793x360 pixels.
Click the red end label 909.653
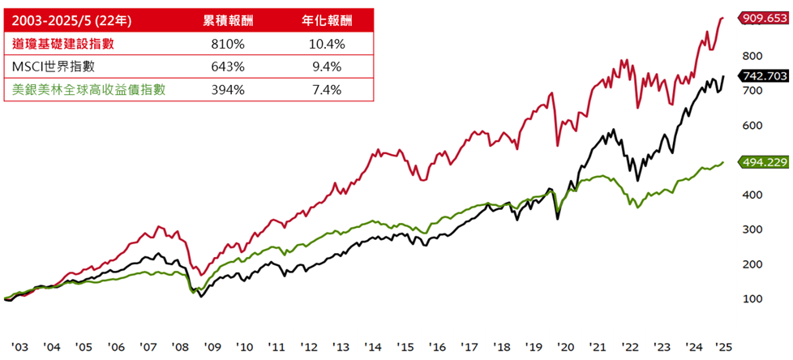pos(763,16)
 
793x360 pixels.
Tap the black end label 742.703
pos(763,75)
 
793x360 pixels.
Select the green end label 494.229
pos(763,162)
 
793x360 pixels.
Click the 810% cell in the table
pos(226,43)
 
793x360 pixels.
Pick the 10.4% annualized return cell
pos(326,43)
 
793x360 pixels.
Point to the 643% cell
pos(226,66)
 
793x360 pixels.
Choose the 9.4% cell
pos(326,66)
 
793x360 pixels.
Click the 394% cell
pos(226,89)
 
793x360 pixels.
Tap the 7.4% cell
pos(326,89)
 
